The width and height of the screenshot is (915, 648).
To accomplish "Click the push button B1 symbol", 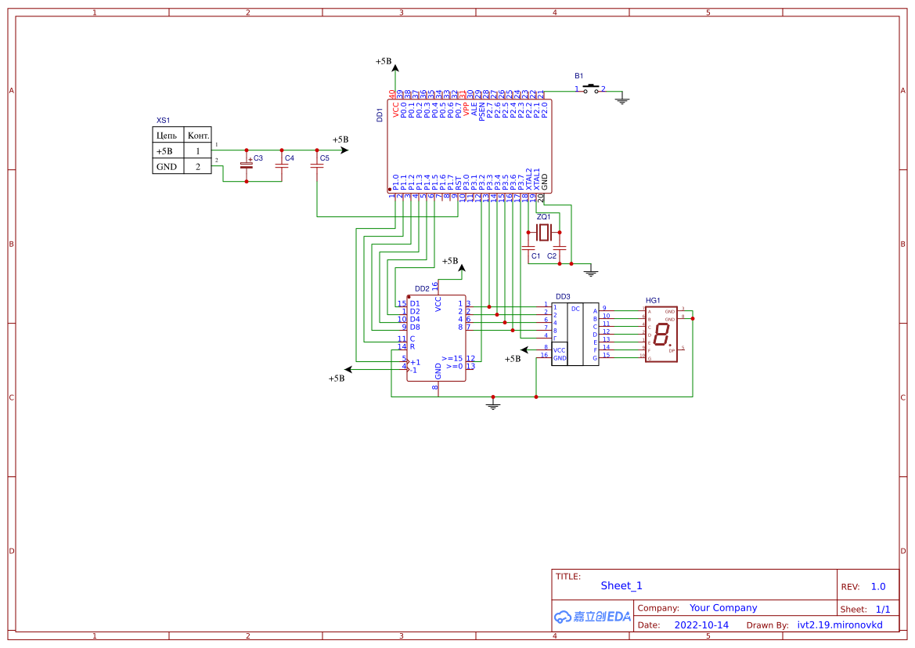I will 591,89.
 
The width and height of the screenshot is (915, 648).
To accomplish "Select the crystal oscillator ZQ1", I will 544,232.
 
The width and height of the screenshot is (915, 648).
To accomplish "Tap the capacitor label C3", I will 258,158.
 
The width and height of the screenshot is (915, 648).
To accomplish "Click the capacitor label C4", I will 290,158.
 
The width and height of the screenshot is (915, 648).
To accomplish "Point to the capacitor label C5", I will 325,158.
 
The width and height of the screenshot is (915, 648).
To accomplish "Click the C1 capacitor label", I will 535,256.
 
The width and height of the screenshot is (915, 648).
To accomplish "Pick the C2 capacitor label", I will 552,256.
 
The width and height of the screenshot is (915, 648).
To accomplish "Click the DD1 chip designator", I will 380,114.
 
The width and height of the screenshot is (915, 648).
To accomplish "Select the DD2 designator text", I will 422,289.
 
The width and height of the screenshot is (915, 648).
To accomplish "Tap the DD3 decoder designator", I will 563,297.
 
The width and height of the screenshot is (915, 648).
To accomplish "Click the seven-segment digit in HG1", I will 661,335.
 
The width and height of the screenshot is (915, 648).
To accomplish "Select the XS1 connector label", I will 163,121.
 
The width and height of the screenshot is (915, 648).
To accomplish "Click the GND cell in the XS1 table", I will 167,167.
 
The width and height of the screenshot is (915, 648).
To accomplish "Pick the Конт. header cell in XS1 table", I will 198,136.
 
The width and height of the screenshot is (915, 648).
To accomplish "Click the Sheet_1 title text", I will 621,585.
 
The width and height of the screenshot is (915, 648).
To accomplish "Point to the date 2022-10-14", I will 701,625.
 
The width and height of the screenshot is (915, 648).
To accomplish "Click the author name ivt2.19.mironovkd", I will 839,625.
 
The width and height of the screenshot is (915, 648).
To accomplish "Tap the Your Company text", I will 723,608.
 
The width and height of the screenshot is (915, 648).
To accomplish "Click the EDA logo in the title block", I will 593,617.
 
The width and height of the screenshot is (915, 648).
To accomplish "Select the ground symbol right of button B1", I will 622,100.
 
